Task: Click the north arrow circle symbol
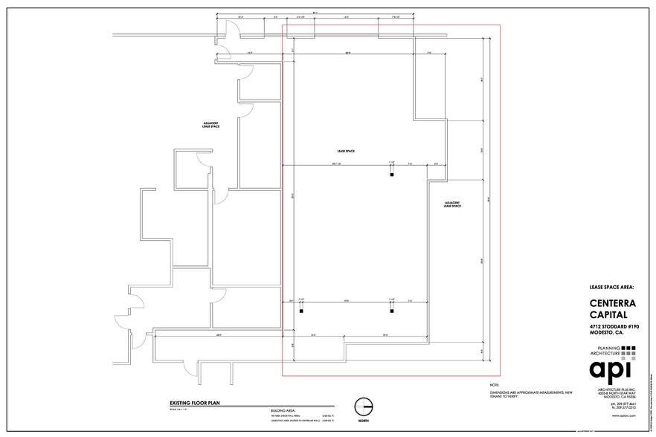364,407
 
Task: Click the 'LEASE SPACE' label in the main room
344,151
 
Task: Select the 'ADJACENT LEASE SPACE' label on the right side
452,204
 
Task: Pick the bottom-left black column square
301,312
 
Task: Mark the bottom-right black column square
391,312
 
